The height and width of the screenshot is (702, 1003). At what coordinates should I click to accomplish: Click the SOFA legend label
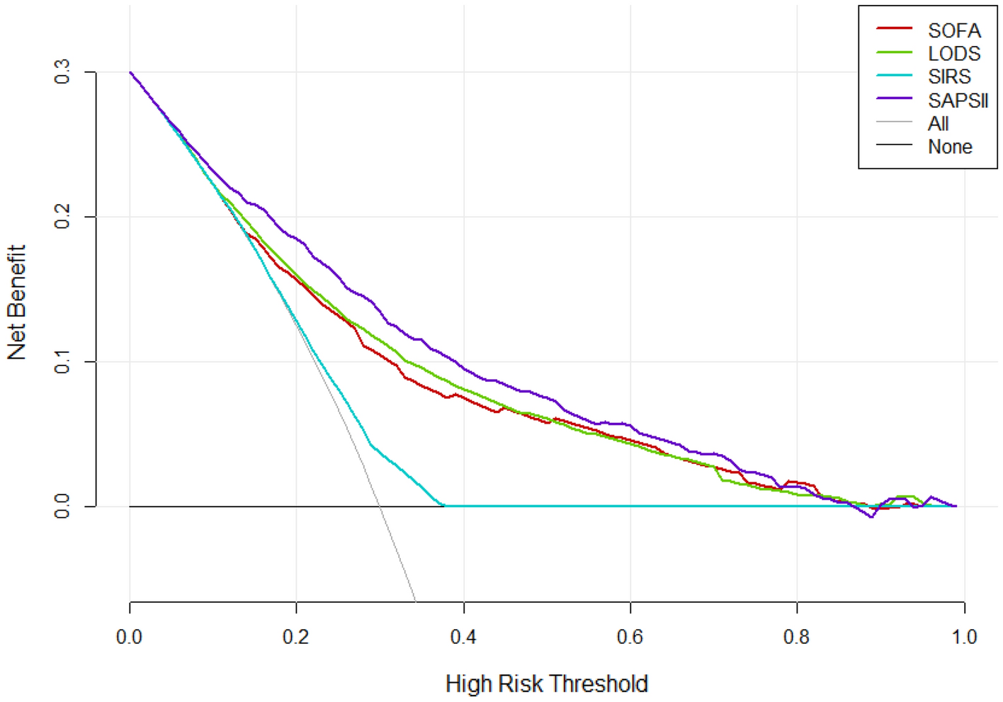(x=954, y=30)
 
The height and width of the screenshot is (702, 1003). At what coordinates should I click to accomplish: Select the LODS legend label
(x=954, y=54)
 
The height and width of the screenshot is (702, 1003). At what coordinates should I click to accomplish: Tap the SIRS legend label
(x=949, y=77)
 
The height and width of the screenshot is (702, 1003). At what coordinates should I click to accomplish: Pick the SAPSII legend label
(x=958, y=100)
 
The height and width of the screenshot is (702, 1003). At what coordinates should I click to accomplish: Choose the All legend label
(x=938, y=123)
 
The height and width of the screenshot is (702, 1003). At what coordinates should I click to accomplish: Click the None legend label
(x=950, y=147)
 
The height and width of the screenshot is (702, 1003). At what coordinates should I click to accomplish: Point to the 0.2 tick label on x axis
(x=296, y=637)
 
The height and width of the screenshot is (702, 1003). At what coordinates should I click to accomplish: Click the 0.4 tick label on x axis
(x=463, y=637)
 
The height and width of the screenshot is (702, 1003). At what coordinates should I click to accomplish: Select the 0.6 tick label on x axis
(x=630, y=637)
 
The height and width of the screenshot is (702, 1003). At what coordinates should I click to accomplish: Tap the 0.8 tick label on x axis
(x=797, y=637)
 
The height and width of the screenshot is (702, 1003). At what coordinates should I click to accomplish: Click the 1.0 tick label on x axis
(x=964, y=637)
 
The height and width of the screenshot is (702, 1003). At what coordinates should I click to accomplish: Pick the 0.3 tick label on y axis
(x=62, y=72)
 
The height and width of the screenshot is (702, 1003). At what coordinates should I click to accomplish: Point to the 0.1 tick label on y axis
(x=62, y=361)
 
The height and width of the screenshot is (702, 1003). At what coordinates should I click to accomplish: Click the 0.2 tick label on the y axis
(x=62, y=216)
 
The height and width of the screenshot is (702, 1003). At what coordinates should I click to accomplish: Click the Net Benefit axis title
(x=16, y=302)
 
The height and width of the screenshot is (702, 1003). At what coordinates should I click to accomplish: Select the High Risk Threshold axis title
(x=546, y=684)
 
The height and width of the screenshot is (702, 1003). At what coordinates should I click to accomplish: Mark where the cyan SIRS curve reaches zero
(x=443, y=506)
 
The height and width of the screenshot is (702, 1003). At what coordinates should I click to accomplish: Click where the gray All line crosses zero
(x=380, y=506)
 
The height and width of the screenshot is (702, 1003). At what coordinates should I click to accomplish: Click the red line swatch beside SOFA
(x=894, y=29)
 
